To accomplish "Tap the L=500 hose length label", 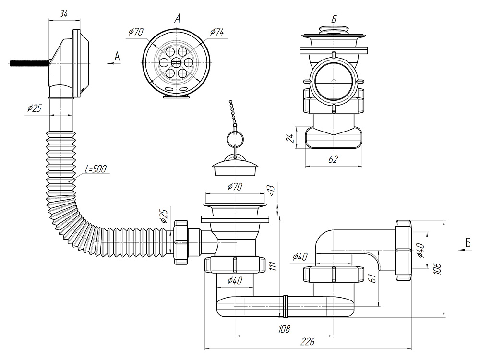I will [96, 169].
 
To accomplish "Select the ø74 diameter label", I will [217, 32].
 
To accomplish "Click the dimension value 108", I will [284, 329].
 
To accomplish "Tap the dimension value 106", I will [436, 268].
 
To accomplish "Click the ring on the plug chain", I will [235, 140].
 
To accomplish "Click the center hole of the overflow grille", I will [176, 62].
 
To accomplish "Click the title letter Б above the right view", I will [333, 19].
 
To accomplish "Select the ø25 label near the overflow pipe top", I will [34, 108].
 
